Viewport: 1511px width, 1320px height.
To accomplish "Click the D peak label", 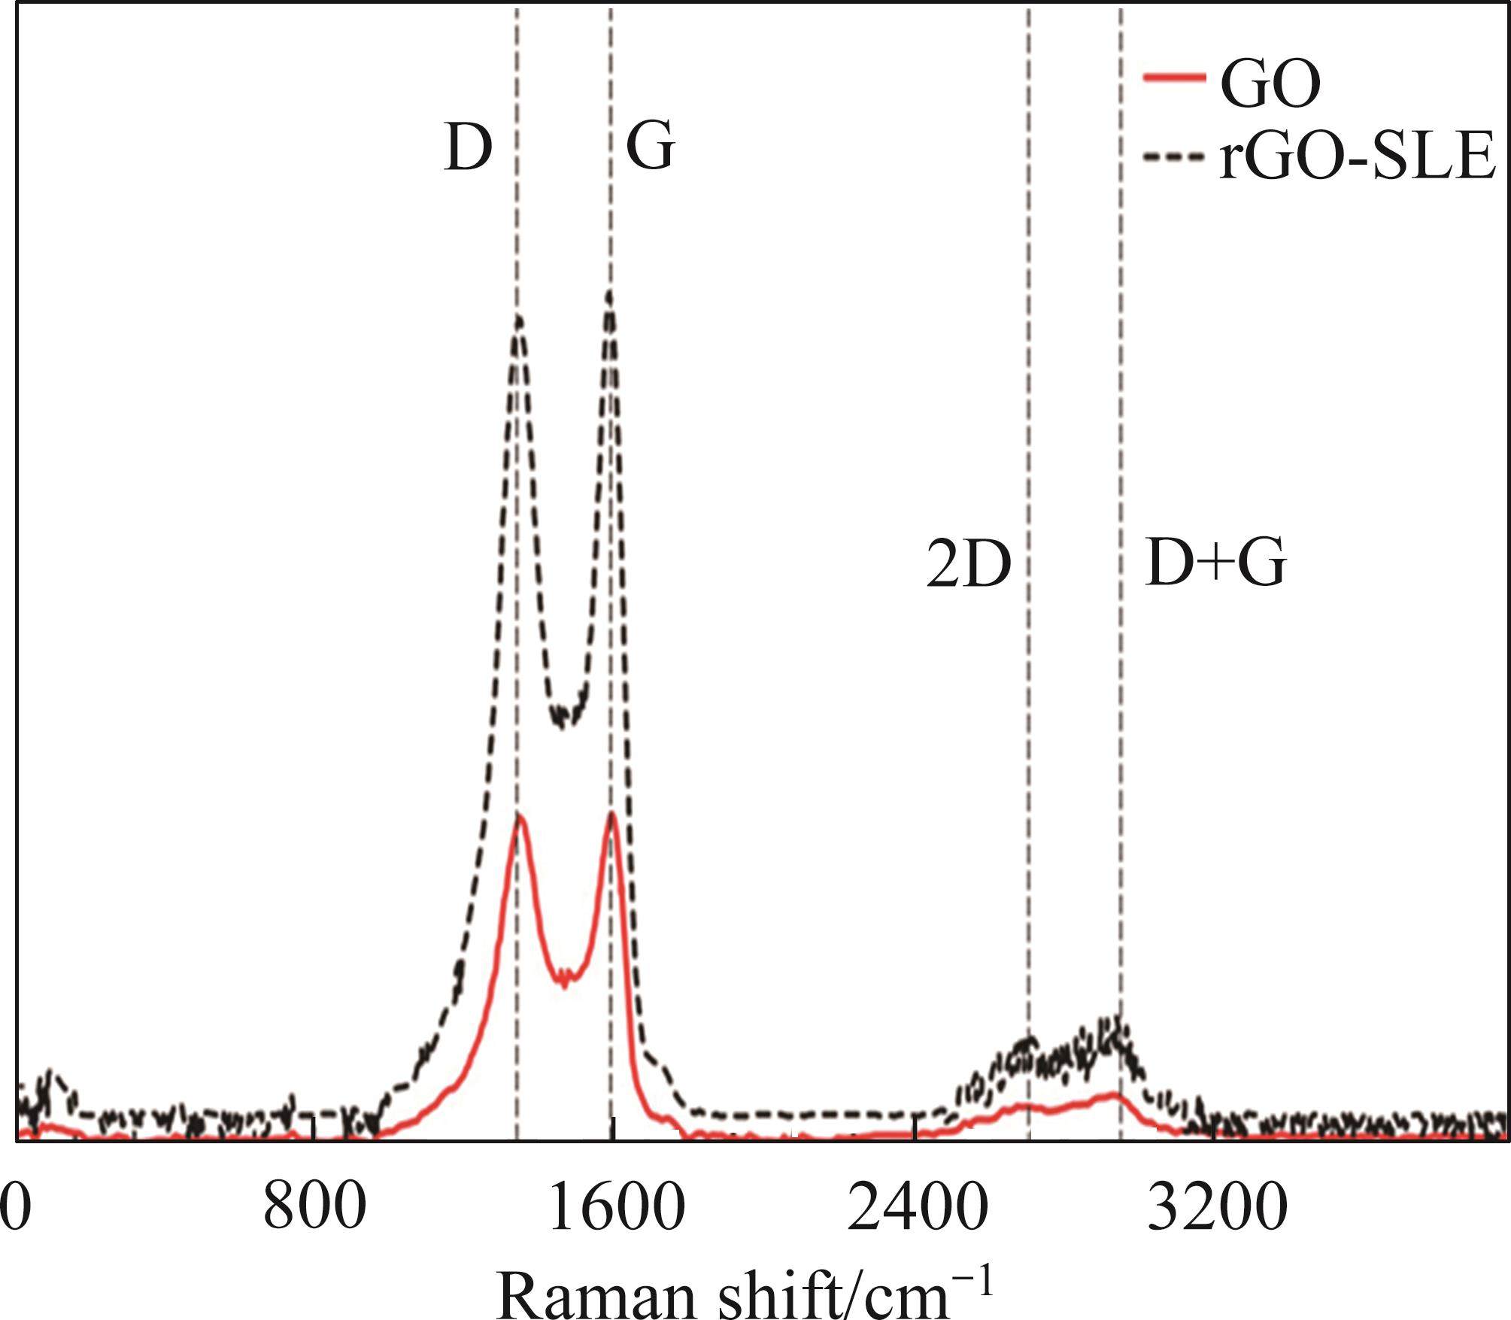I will [x=468, y=148].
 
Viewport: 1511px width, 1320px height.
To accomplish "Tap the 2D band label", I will [x=969, y=566].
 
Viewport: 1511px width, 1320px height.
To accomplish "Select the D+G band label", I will [x=1215, y=563].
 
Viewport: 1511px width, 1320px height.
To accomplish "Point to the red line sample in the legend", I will [x=1173, y=77].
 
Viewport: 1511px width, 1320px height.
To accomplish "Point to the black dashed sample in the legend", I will [x=1173, y=157].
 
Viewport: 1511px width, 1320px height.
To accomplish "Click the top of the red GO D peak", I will [x=518, y=816].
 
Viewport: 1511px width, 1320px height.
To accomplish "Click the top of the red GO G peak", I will [x=612, y=814].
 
